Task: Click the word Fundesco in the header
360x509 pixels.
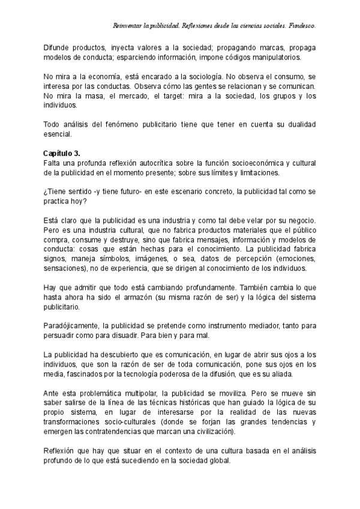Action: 301,26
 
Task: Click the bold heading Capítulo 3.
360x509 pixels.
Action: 62,153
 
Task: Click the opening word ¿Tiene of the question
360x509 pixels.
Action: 56,191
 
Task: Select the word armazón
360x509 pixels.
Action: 136,297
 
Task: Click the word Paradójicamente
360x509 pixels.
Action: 73,326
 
